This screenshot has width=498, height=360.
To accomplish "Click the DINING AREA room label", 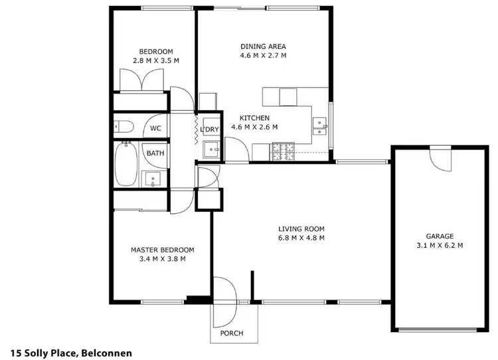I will click(x=263, y=46).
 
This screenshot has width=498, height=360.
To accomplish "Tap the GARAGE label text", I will click(x=440, y=236).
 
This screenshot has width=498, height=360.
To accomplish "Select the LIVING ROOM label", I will click(x=301, y=229).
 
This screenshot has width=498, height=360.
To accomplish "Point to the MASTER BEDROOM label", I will click(x=162, y=250).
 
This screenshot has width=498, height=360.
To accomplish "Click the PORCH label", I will click(x=231, y=333).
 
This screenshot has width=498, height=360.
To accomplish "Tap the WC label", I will click(x=155, y=128).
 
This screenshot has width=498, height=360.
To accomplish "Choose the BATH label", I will click(x=155, y=153).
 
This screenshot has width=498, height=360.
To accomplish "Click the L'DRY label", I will click(x=211, y=129).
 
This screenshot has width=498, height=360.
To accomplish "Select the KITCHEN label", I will click(x=254, y=118).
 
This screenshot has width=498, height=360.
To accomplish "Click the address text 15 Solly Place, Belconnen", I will click(x=72, y=352).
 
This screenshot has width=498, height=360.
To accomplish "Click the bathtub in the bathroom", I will click(x=125, y=164).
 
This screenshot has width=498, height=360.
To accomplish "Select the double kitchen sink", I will click(x=320, y=126).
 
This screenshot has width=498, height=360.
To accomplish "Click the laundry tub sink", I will click(x=210, y=149).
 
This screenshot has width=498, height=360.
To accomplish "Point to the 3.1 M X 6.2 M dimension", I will click(x=440, y=245).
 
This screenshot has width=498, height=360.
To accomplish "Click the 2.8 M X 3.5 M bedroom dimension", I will click(x=156, y=60).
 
